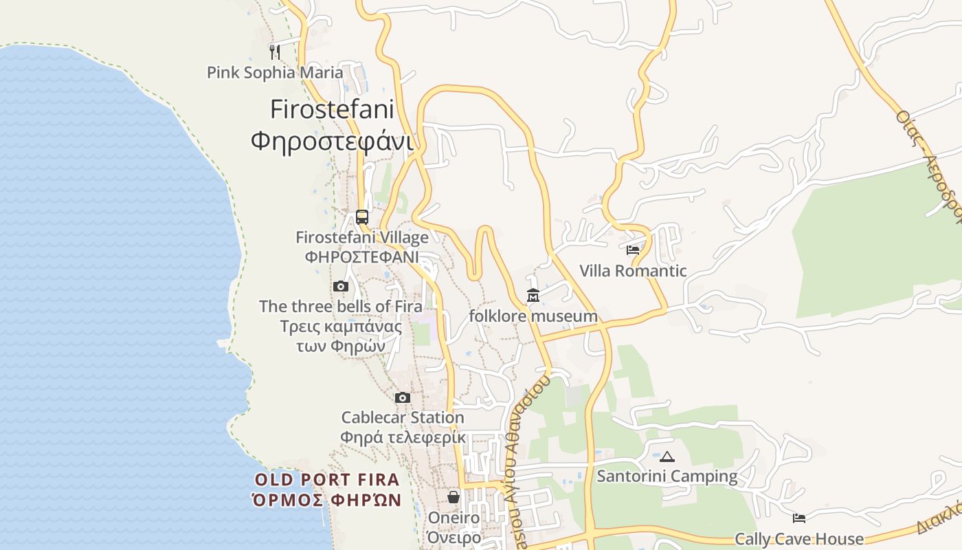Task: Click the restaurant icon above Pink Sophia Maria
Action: pyautogui.click(x=275, y=52)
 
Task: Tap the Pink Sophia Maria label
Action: pyautogui.click(x=275, y=72)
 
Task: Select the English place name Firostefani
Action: pyautogui.click(x=332, y=109)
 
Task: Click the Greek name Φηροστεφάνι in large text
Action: pyautogui.click(x=332, y=141)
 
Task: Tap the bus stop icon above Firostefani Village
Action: pyautogui.click(x=362, y=217)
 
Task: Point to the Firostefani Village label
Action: pyautogui.click(x=362, y=238)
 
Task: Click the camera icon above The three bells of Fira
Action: pyautogui.click(x=340, y=286)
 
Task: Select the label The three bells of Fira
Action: pyautogui.click(x=341, y=307)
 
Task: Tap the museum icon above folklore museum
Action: pyautogui.click(x=533, y=296)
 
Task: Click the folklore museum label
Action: pyautogui.click(x=533, y=316)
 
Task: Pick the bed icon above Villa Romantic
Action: pyautogui.click(x=633, y=250)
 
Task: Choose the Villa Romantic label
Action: pyautogui.click(x=633, y=271)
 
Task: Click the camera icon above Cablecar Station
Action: pyautogui.click(x=403, y=397)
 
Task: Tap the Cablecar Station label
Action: pyautogui.click(x=403, y=417)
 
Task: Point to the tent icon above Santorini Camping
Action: pyautogui.click(x=667, y=456)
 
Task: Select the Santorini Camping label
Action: pyautogui.click(x=667, y=476)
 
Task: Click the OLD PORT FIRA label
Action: pyautogui.click(x=327, y=480)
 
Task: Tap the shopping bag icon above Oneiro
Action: pyautogui.click(x=454, y=496)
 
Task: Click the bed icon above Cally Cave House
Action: pyautogui.click(x=799, y=518)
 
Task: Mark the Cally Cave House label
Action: pyautogui.click(x=799, y=539)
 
